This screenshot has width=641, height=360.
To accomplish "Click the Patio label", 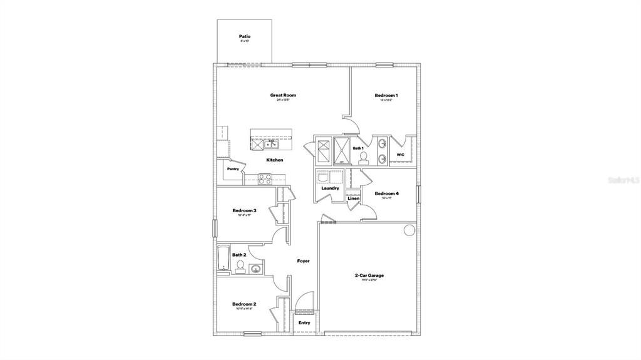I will coord(245,36).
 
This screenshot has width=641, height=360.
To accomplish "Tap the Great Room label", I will coord(283,95).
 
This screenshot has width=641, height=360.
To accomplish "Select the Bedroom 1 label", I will coord(386,95).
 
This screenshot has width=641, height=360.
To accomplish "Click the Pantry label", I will coord(233,168).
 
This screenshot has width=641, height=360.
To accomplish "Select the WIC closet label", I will coord(401,155).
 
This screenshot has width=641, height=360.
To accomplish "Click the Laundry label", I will coord(330,188).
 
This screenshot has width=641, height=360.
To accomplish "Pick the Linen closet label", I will coord(352,198).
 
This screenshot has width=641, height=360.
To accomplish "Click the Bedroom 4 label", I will coord(387,193).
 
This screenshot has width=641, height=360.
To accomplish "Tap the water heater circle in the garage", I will coord(409,230).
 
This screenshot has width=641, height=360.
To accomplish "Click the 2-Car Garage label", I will coord(369,275).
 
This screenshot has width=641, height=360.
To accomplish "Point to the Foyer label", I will coord(303,261).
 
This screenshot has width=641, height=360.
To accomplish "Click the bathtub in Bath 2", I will coord(223,259).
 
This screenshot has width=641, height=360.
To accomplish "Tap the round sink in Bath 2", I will coord(255,269).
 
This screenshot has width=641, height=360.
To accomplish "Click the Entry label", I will coord(304,322).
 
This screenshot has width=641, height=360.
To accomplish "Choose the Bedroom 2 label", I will coord(244,304).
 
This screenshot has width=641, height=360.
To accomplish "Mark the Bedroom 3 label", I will coord(244,210).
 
